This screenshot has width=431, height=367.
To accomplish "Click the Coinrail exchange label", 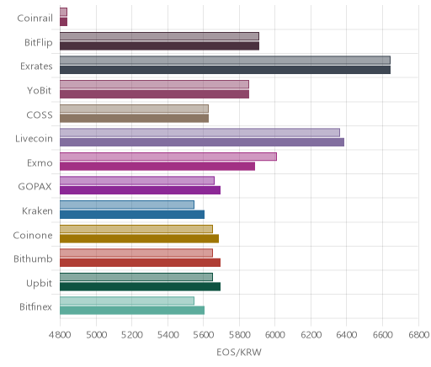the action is (35, 19).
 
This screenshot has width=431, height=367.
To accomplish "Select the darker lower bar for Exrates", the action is (225, 70).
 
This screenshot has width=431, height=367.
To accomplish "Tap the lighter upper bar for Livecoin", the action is (200, 133).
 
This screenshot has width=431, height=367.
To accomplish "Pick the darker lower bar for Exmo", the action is (157, 167).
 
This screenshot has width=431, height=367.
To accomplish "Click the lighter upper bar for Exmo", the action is (168, 157).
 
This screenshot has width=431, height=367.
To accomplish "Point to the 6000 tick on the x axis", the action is (275, 335).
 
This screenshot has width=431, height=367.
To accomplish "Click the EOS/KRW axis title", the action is (239, 352).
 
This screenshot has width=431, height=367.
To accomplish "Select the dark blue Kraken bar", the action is (132, 215).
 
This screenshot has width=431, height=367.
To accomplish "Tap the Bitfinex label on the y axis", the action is (35, 306).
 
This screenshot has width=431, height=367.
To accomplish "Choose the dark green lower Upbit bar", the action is (140, 287).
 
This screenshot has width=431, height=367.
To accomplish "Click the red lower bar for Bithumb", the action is (140, 263).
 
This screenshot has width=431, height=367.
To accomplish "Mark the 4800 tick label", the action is (60, 335).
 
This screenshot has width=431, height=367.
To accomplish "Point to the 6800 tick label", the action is (419, 335).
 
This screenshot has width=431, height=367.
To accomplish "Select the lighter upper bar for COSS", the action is (134, 109).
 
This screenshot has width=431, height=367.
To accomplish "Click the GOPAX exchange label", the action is (35, 187).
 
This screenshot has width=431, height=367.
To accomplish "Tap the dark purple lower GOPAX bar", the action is (140, 190).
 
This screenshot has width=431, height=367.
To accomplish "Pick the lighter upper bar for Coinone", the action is (136, 229).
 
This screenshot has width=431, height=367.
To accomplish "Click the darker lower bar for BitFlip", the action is (159, 45).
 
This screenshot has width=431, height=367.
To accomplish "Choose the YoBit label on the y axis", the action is (40, 90).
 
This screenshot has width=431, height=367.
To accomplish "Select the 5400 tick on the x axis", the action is (168, 335).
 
